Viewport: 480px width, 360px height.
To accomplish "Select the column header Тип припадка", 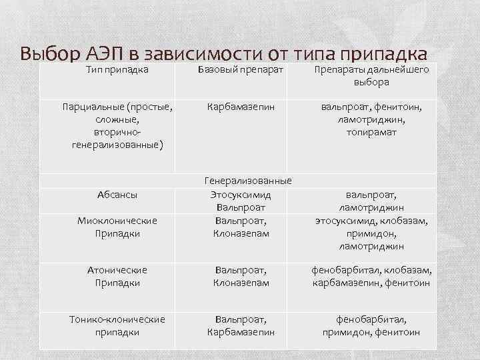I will [117, 69].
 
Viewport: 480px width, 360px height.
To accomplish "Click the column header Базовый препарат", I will [242, 69].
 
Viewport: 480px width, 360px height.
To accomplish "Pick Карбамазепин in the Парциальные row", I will [241, 107].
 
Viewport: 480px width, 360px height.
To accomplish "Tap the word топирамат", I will [371, 132].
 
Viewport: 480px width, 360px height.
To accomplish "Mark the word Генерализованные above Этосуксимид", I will [247, 181].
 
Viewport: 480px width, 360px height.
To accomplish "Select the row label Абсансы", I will [117, 195].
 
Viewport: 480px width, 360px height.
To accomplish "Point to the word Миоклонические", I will [117, 221].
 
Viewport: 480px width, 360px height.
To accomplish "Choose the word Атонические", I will [117, 270].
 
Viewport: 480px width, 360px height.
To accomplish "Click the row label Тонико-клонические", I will [117, 319].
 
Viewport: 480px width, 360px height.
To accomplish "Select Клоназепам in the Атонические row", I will [241, 283].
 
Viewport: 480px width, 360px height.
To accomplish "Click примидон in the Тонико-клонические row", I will [347, 332].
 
